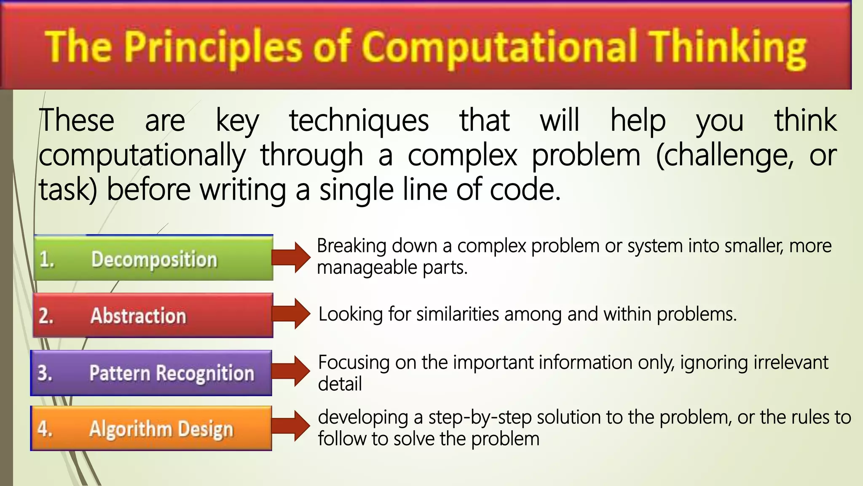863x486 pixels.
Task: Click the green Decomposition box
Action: click(x=153, y=258)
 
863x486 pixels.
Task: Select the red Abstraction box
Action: click(x=153, y=316)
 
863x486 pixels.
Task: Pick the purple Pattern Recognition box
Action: click(x=151, y=373)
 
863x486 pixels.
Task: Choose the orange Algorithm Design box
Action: click(x=151, y=428)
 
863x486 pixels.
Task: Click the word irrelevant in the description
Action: click(x=791, y=362)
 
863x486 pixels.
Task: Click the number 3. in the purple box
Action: click(x=45, y=373)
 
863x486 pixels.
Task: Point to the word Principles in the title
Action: click(x=213, y=47)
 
